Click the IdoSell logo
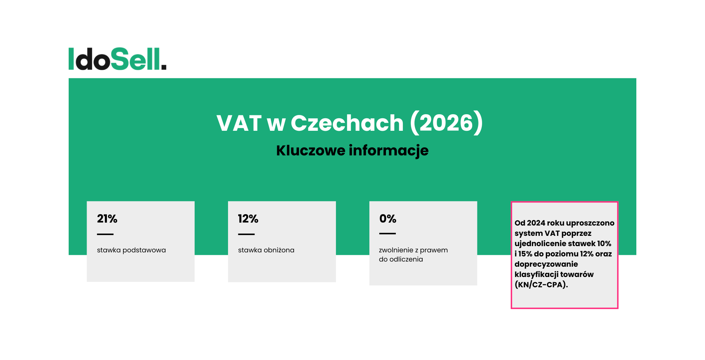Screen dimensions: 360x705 tap(117, 59)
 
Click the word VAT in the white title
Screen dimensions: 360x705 tap(239, 123)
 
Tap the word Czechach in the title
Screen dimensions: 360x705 tap(347, 123)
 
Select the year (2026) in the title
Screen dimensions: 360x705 tap(446, 123)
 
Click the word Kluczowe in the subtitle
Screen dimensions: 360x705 tap(311, 151)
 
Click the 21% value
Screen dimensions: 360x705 tap(107, 219)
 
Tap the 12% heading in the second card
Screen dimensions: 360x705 tap(248, 219)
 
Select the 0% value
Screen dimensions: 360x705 tap(387, 219)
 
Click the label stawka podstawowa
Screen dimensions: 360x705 tap(131, 250)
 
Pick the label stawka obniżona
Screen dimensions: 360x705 tap(266, 250)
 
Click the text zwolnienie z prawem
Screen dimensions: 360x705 tap(413, 250)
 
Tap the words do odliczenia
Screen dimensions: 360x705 tap(401, 259)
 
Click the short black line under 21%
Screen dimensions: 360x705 tap(105, 234)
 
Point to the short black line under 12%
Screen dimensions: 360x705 tap(246, 234)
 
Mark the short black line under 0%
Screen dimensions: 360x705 tap(387, 233)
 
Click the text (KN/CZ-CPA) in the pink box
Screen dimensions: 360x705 tap(541, 285)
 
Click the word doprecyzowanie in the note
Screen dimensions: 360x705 tap(546, 264)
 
